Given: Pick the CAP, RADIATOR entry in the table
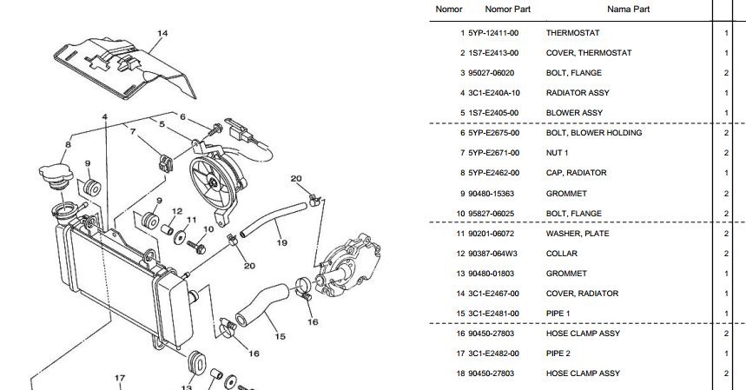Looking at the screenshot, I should [576, 173].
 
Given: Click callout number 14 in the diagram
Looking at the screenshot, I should [162, 34].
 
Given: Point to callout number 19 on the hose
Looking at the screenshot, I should [281, 243].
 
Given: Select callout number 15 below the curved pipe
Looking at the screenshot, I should [280, 336].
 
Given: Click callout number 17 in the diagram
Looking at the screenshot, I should [120, 378].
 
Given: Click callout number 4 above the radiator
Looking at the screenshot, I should [104, 116].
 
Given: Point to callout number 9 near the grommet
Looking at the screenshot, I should [87, 163].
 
